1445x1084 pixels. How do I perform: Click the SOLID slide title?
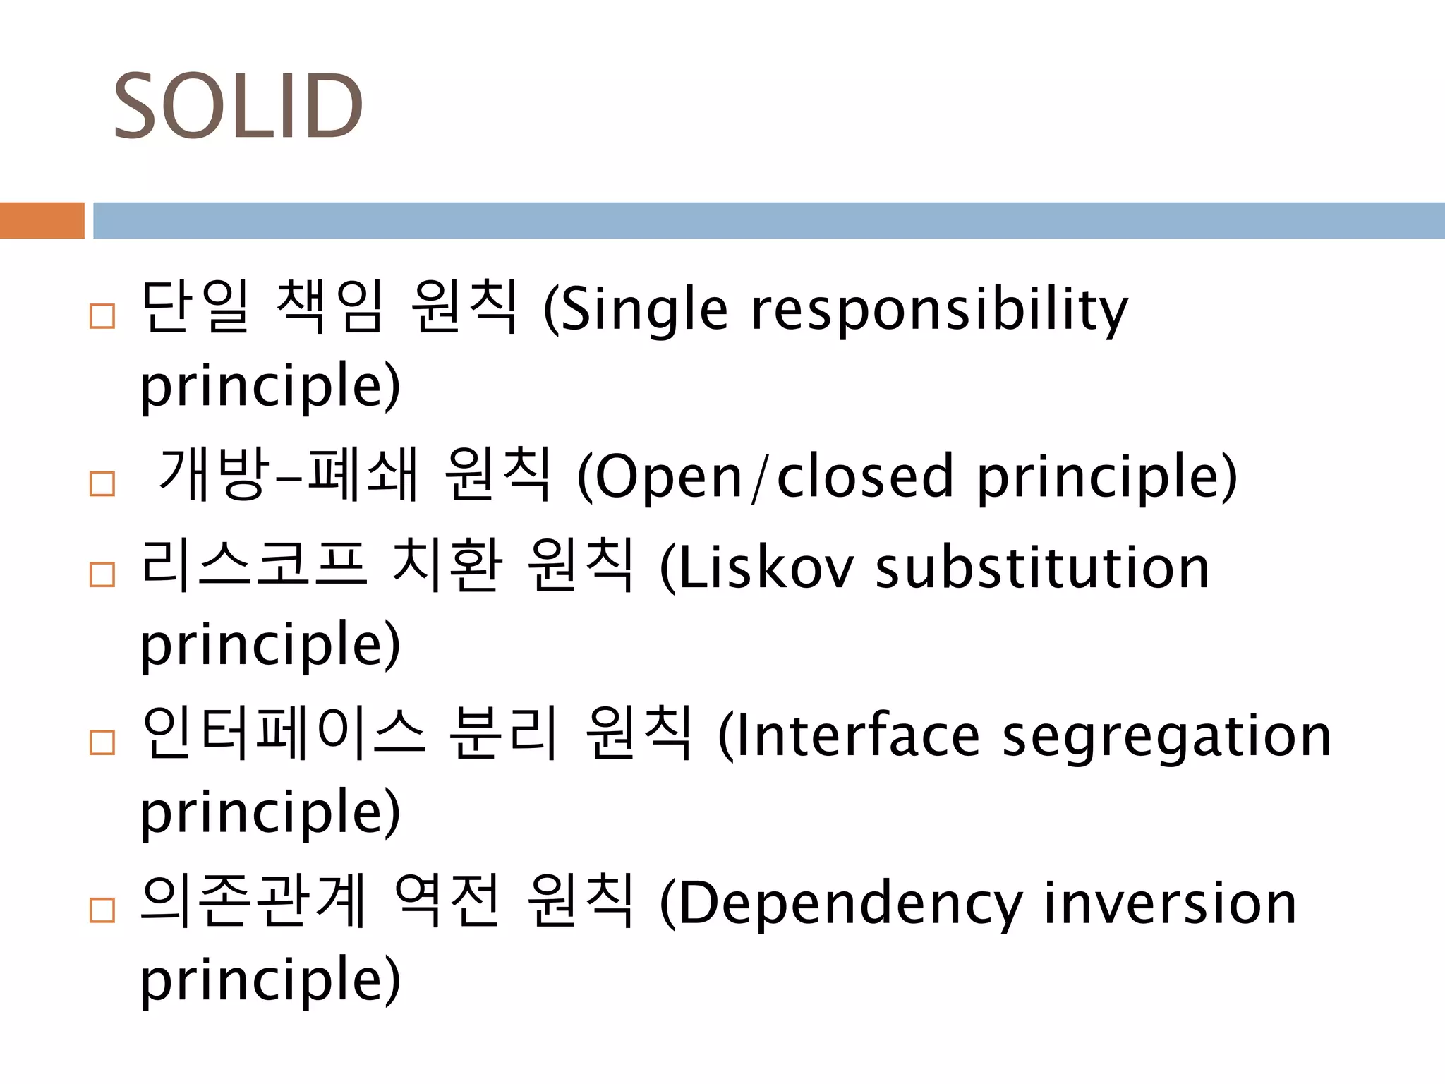pos(238,107)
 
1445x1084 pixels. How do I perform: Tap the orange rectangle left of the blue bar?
pos(42,220)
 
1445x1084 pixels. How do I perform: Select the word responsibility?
pos(939,311)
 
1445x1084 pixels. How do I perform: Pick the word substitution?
pos(1042,569)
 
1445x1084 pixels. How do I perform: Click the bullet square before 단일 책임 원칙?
pos(102,316)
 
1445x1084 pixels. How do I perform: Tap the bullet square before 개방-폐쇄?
pos(102,483)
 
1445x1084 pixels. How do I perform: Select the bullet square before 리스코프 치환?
pos(102,575)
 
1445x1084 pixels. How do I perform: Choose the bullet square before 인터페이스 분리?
pos(102,742)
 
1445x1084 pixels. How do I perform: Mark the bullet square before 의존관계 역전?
pos(102,910)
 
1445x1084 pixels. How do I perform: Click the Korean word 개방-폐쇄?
pos(289,474)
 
